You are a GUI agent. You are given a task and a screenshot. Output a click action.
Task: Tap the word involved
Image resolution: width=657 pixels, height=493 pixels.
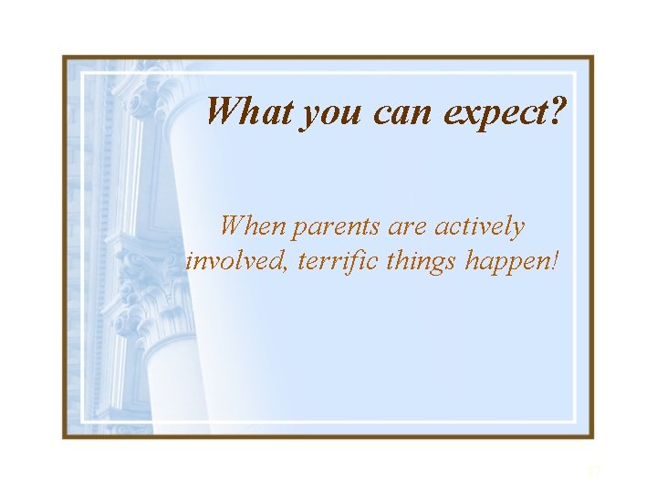point(228,262)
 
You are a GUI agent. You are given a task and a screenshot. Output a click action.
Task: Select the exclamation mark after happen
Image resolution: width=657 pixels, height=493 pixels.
point(554,261)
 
